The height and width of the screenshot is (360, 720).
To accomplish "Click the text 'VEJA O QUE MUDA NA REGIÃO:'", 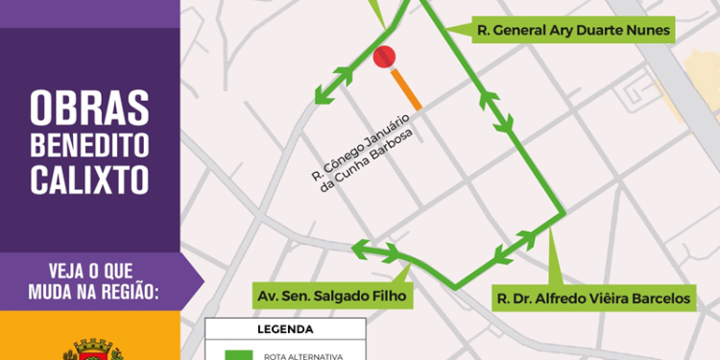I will tap(88, 276).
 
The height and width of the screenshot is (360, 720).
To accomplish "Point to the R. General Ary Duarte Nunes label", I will tap(573, 31).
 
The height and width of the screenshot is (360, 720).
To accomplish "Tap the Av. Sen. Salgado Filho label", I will tap(331, 296).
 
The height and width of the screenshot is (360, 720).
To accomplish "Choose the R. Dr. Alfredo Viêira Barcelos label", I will tap(592, 299).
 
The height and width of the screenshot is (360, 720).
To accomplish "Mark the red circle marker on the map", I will tap(384, 58).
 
